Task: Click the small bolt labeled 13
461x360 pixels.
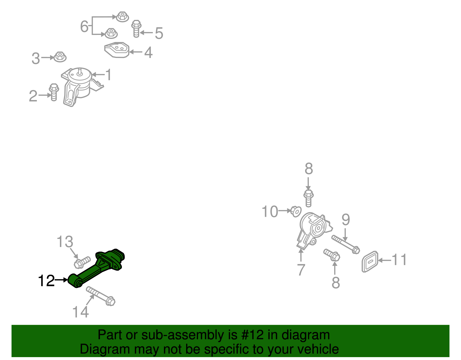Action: (x=82, y=263)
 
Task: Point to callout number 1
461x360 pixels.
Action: (x=108, y=75)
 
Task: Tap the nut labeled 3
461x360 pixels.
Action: (x=60, y=57)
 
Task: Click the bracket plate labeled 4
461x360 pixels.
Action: (x=117, y=50)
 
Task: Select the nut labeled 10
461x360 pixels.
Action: (x=296, y=211)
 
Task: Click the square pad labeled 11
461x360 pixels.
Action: (x=370, y=261)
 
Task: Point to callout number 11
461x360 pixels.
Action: (x=399, y=260)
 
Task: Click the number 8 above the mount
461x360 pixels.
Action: (x=309, y=169)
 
